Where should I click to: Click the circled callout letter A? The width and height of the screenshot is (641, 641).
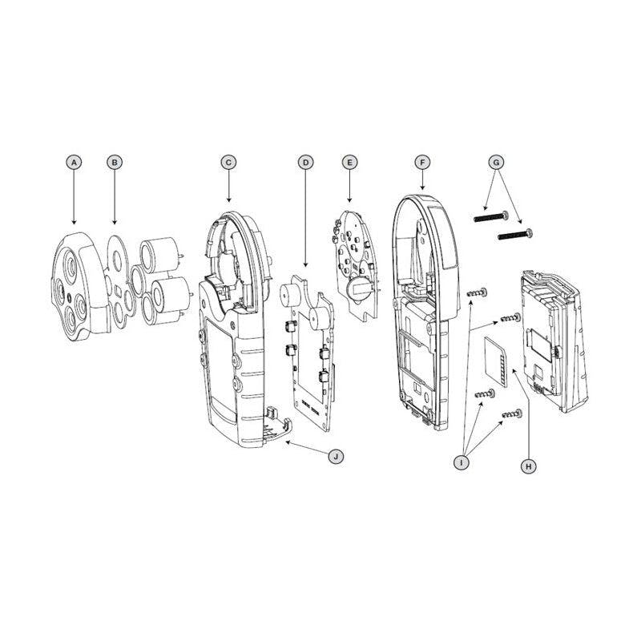coord(74,162)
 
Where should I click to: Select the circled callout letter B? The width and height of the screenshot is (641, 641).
coord(115,162)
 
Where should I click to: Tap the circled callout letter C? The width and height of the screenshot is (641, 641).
coord(228,162)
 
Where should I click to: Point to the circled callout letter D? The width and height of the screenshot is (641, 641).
coord(304,162)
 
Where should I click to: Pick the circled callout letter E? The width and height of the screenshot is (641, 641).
coord(349,162)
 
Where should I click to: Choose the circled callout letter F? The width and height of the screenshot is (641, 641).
coord(422,162)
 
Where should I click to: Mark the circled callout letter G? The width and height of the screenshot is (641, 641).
coord(497,162)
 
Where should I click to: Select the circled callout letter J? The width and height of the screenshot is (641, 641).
coord(337,456)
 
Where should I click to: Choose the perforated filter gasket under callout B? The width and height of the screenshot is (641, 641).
coord(120,276)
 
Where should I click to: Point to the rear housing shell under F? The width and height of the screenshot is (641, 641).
coord(421,320)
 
